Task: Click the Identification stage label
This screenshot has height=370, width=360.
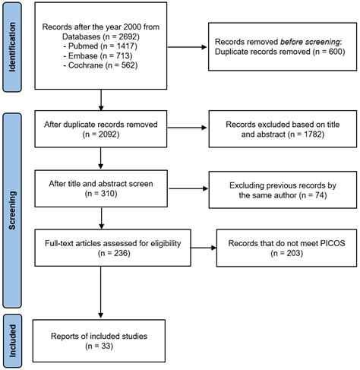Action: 12,47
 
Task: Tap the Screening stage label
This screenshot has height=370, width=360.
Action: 12,210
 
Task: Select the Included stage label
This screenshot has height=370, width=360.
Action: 12,341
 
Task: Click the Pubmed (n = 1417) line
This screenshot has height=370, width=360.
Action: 100,46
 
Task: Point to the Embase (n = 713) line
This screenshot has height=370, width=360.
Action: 98,55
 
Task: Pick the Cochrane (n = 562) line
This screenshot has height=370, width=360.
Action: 100,65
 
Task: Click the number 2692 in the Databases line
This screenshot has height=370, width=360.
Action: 128,36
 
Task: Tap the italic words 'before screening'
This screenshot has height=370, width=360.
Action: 310,42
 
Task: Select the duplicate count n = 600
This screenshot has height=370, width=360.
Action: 329,52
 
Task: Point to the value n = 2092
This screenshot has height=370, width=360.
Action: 101,134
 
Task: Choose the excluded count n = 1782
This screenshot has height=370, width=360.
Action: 306,134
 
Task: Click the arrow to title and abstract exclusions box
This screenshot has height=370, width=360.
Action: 187,128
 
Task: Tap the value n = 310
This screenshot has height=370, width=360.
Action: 101,194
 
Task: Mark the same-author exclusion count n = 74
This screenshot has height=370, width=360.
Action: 313,195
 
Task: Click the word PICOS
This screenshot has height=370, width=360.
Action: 333,243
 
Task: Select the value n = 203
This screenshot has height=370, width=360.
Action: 287,253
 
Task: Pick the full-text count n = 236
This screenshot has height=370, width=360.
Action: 114,253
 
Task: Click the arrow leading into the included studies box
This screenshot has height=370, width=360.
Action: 100,293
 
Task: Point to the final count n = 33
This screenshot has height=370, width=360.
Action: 99,346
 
